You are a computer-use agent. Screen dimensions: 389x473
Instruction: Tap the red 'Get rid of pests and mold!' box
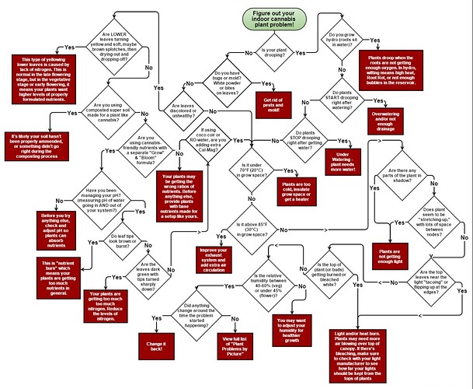point(271,101)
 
